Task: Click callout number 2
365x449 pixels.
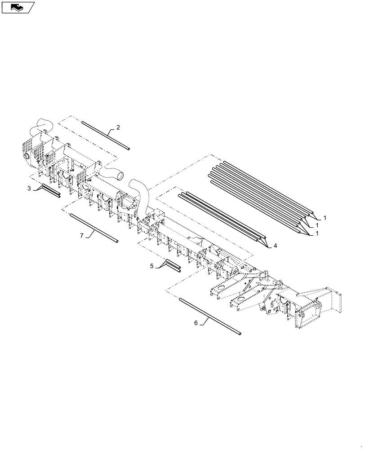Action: [x=118, y=128]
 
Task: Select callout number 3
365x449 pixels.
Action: [x=29, y=189]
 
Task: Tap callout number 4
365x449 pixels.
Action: [x=275, y=245]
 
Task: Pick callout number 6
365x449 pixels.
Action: [x=196, y=322]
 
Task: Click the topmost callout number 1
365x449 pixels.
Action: [x=324, y=217]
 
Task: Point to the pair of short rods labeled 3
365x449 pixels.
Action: [x=50, y=191]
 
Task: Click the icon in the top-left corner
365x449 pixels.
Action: [x=18, y=7]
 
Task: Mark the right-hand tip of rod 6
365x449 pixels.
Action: [x=240, y=334]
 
